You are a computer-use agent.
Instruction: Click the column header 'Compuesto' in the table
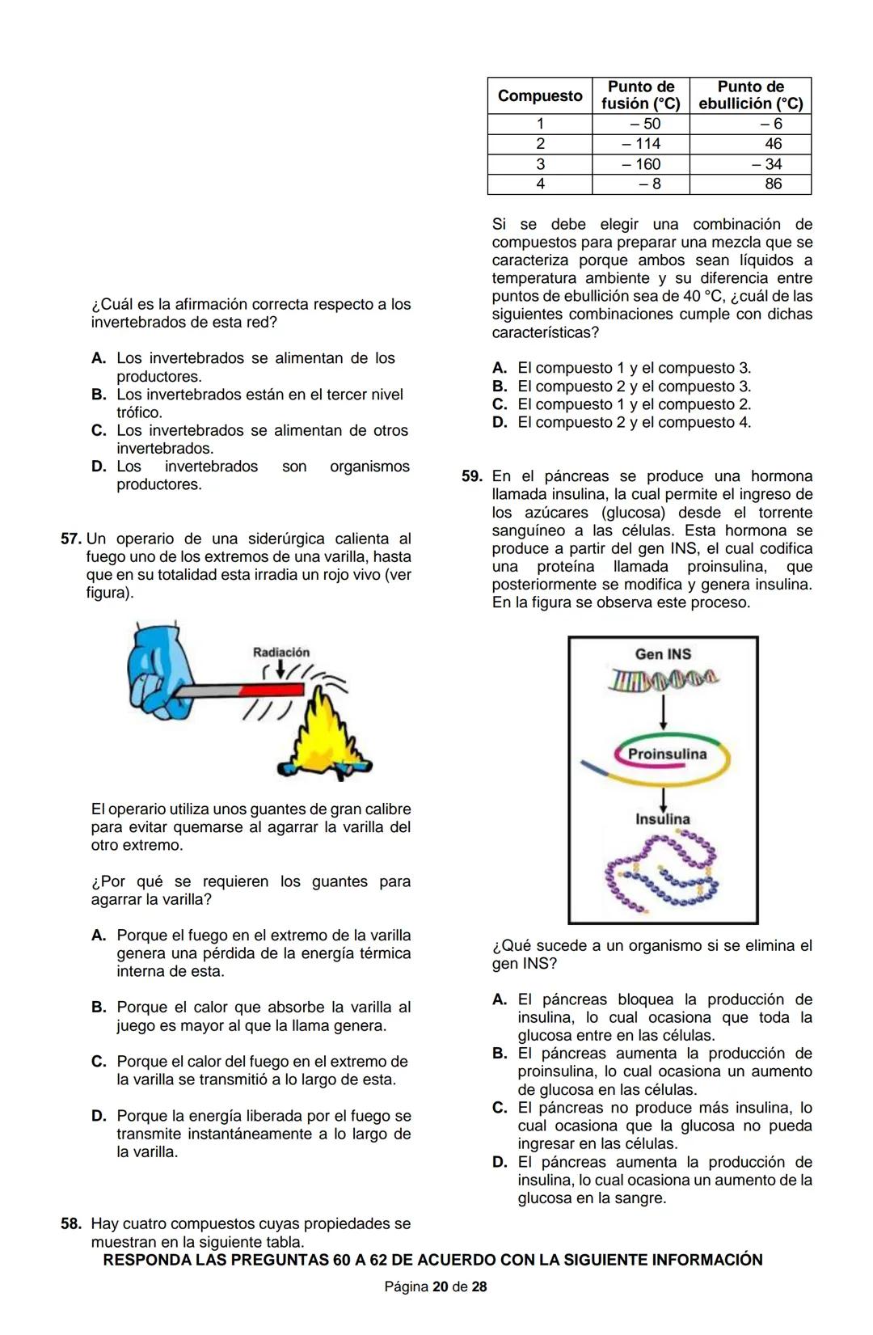point(539,96)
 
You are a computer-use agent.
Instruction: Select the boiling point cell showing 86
point(773,184)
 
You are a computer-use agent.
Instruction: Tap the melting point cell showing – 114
point(641,144)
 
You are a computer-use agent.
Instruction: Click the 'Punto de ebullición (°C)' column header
point(750,95)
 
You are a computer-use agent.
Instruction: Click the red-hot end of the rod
point(271,690)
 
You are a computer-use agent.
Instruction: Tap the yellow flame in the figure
point(327,732)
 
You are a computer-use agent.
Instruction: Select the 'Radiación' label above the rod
point(281,653)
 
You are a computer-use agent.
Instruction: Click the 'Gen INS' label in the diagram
point(663,654)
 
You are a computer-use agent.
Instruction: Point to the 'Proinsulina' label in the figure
point(667,754)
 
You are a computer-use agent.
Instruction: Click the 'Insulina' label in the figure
point(662,819)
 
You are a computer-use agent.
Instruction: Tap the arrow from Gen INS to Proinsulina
point(664,711)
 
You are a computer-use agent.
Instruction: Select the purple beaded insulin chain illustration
point(663,873)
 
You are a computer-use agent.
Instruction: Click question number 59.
point(472,476)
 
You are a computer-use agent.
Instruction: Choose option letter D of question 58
point(500,423)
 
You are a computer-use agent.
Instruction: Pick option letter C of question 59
point(500,1108)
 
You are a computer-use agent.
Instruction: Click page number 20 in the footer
point(440,1286)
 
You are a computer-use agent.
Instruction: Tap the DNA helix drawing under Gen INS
point(663,680)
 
